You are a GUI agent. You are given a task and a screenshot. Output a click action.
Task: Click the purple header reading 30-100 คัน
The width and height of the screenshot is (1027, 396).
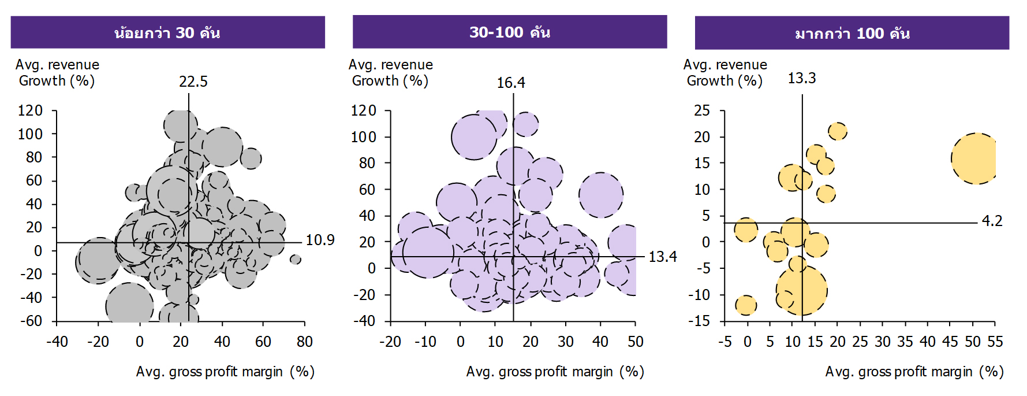(x=510, y=32)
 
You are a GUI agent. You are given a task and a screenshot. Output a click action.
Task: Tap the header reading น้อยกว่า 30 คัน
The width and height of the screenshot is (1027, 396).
(x=167, y=32)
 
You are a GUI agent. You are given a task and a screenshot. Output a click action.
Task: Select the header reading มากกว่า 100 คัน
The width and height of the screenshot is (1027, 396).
(x=852, y=33)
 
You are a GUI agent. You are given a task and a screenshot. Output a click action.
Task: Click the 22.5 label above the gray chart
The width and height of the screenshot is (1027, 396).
(x=193, y=82)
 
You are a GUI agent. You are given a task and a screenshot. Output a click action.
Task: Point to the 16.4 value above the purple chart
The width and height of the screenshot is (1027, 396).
(x=511, y=83)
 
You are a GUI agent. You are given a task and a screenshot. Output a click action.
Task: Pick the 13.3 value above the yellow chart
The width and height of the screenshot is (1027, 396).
(x=802, y=78)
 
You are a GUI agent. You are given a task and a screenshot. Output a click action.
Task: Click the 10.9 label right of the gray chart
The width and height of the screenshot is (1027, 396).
(x=320, y=240)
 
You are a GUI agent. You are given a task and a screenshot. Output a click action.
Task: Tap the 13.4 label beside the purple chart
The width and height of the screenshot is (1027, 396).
(x=662, y=257)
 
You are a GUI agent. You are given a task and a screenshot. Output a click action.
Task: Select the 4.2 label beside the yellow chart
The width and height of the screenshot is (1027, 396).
(x=992, y=221)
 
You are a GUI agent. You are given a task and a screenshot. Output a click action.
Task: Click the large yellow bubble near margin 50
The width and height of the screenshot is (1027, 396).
(x=975, y=158)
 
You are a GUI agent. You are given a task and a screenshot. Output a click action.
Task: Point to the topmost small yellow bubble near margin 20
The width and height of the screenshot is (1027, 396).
(x=838, y=131)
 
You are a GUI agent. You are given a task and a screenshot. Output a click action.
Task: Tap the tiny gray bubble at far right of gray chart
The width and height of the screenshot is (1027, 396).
(x=296, y=260)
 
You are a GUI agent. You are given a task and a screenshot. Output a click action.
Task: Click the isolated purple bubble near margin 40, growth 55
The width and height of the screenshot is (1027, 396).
(x=601, y=195)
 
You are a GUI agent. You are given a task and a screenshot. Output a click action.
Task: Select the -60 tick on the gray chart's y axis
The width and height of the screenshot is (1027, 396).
(x=31, y=321)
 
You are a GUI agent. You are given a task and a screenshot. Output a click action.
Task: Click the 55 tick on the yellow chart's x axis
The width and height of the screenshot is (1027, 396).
(x=995, y=342)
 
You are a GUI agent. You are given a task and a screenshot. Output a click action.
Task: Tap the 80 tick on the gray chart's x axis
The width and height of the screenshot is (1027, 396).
(x=305, y=342)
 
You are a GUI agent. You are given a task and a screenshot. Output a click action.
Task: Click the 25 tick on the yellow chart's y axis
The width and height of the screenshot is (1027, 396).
(x=702, y=110)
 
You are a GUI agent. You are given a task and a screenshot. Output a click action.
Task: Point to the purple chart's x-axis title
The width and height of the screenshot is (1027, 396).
(x=555, y=372)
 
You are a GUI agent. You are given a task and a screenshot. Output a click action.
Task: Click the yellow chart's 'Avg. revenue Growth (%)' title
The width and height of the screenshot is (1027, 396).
(x=725, y=73)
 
